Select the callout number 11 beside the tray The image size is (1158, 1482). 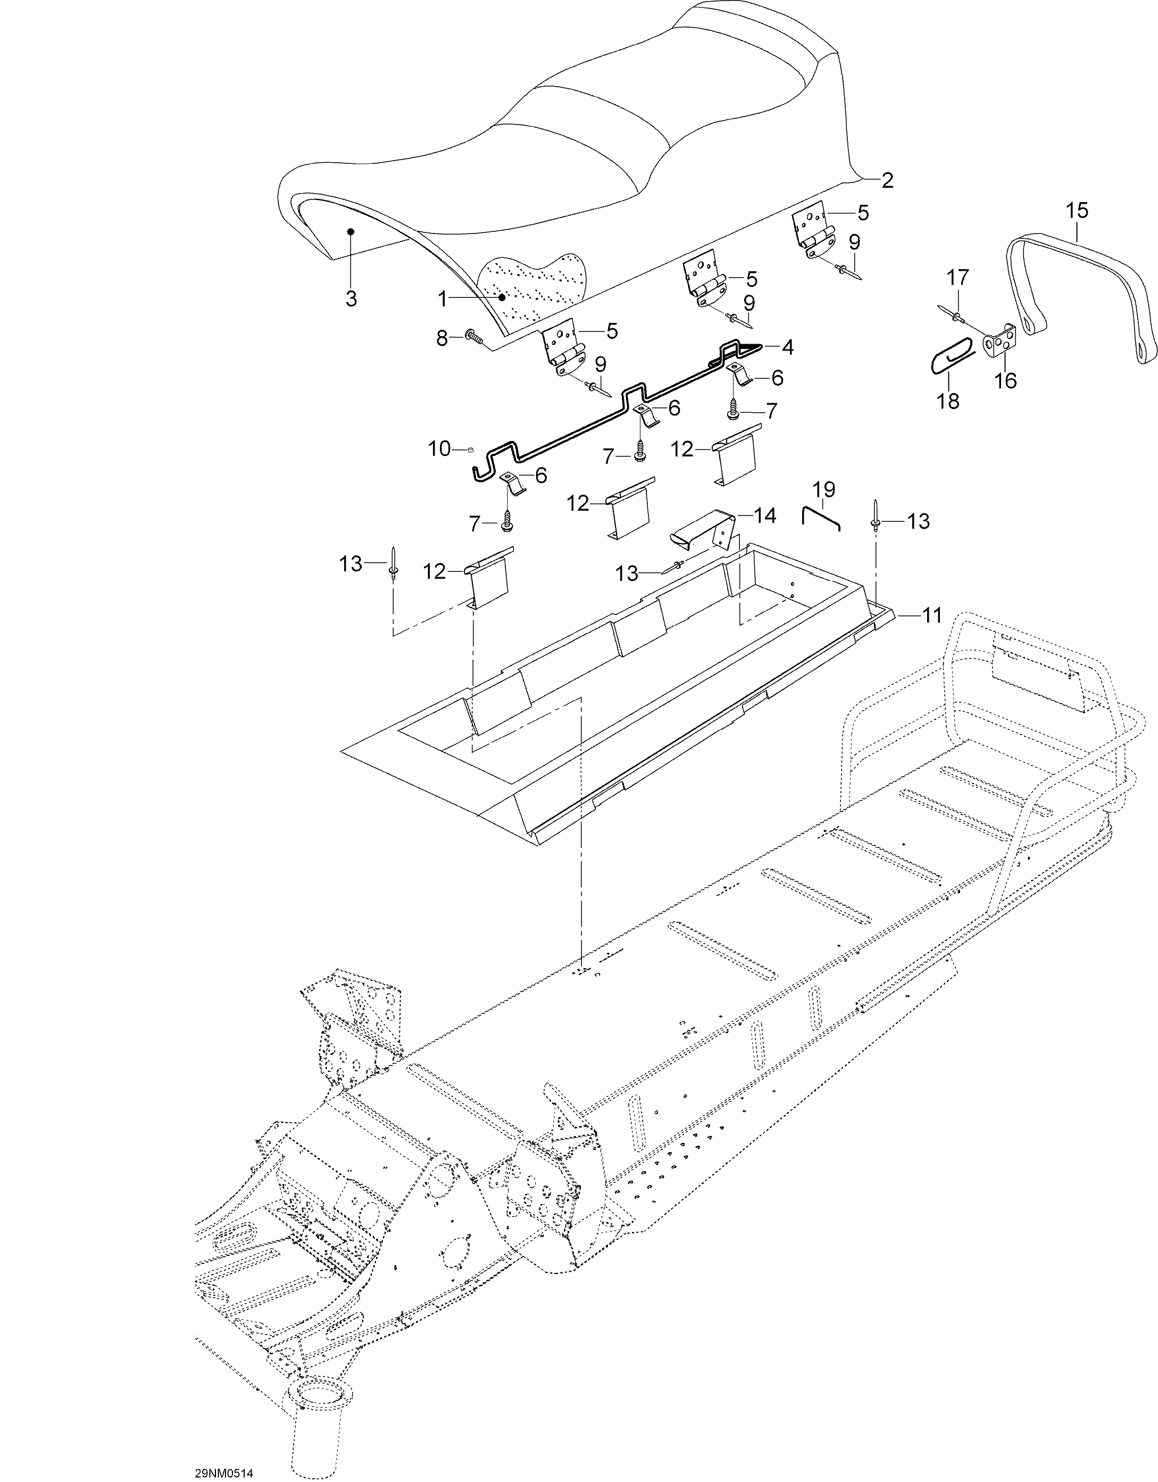932,615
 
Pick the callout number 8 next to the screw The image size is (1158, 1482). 441,338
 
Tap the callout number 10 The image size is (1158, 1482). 439,448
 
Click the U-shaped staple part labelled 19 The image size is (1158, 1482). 821,517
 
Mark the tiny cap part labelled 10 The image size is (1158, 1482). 470,448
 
